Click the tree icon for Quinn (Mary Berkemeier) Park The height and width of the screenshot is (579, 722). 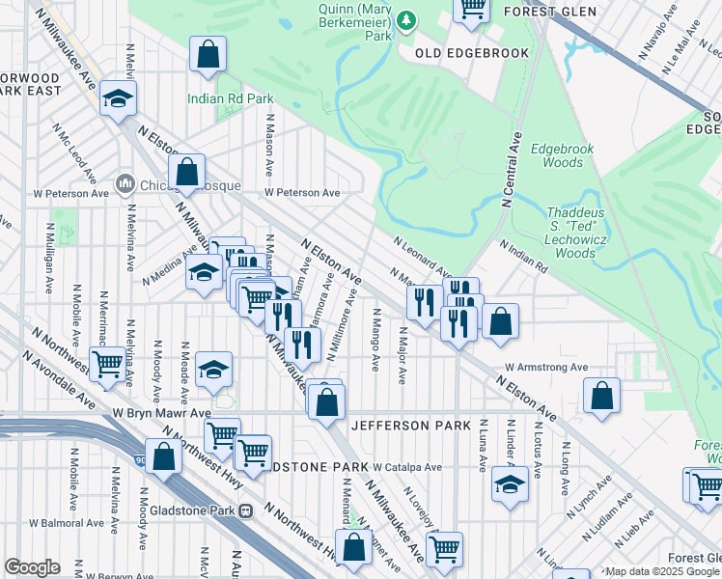407,19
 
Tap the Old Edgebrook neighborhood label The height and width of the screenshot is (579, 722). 472,53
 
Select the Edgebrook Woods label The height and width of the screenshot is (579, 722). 556,156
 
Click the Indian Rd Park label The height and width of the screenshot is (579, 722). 231,98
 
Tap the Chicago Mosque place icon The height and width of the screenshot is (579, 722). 125,183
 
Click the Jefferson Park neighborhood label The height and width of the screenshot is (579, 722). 410,426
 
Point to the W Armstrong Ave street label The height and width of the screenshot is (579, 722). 546,368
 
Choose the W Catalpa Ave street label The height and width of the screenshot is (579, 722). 407,467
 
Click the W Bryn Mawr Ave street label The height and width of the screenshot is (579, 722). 160,412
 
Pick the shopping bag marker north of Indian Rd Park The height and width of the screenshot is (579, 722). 208,54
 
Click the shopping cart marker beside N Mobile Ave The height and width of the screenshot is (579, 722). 107,364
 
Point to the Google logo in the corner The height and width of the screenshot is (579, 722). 31,567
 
